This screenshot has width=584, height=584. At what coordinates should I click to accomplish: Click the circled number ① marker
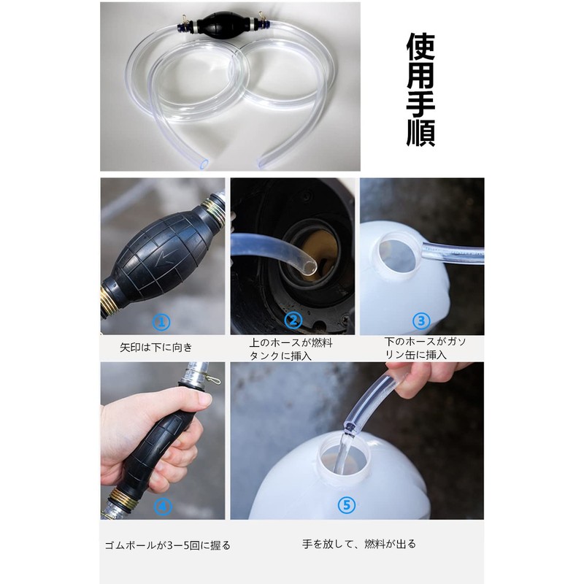pos(161,322)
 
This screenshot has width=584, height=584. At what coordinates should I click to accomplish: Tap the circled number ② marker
pos(293,320)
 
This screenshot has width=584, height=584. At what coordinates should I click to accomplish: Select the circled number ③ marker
pos(422,320)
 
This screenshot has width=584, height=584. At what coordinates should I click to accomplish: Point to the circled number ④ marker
pos(163,506)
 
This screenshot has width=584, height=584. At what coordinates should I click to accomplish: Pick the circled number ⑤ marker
pos(347,505)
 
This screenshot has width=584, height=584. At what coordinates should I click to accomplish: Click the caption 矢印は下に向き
pos(156,347)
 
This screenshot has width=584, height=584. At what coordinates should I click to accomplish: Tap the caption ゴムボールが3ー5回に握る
pos(168,545)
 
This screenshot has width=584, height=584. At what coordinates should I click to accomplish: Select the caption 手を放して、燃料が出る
pos(359,544)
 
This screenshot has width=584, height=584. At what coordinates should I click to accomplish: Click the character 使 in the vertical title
pos(421,47)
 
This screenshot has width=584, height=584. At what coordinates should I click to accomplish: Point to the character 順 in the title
pos(421,132)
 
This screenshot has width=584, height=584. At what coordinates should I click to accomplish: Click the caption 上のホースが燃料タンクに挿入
pos(291,350)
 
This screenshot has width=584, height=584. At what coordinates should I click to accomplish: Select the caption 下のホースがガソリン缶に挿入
pos(426,348)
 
